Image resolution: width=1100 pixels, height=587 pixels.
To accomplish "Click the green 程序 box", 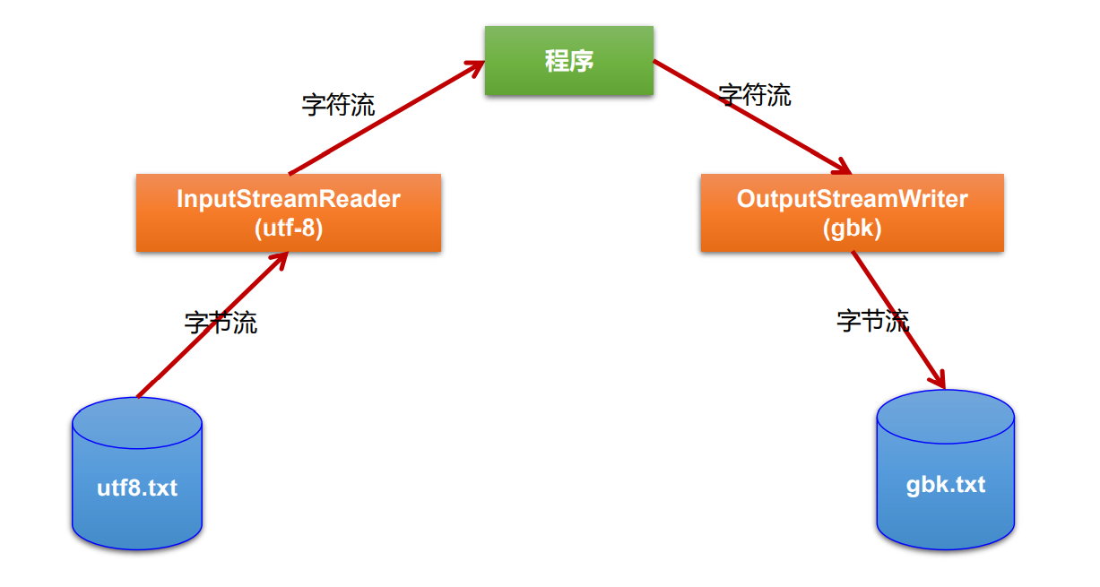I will pyautogui.click(x=568, y=60).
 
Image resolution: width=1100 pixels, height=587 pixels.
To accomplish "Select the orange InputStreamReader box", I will pyautogui.click(x=288, y=212).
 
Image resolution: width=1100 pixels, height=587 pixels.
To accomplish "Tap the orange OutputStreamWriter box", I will pyautogui.click(x=852, y=212).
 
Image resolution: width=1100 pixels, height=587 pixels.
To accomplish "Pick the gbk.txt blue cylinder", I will pyautogui.click(x=945, y=470).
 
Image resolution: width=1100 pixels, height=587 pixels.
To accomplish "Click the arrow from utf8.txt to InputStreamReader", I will pyautogui.click(x=212, y=324).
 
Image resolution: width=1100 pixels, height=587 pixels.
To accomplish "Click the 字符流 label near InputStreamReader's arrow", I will pyautogui.click(x=338, y=105).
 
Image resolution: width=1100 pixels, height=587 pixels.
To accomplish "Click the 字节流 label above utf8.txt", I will pyautogui.click(x=221, y=323).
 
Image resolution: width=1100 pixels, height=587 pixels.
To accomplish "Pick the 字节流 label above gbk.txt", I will pyautogui.click(x=872, y=320).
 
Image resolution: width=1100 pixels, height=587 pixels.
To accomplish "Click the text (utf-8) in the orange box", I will pyautogui.click(x=288, y=229).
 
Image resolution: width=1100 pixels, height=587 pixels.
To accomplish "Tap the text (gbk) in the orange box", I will pyautogui.click(x=852, y=229).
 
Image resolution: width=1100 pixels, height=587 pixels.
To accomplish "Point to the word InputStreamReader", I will pyautogui.click(x=288, y=198).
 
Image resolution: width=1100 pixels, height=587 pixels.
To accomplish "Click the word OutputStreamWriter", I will pyautogui.click(x=852, y=198).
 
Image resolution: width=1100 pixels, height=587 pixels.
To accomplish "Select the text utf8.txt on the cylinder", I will pyautogui.click(x=137, y=488).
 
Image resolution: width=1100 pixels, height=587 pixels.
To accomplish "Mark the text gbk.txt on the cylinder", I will pyautogui.click(x=945, y=485).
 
